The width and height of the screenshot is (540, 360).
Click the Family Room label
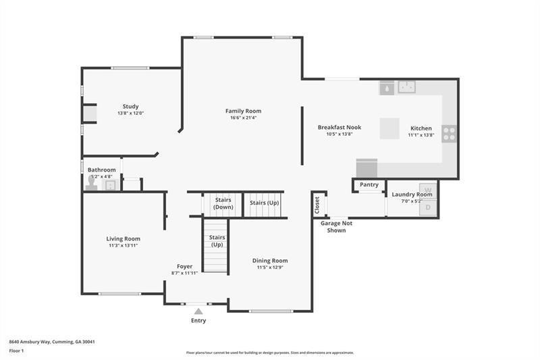243,111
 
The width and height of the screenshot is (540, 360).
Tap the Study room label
130,106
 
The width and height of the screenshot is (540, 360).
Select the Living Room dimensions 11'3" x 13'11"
123,246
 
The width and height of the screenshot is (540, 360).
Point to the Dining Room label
270,261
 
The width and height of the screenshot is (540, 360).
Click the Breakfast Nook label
340,127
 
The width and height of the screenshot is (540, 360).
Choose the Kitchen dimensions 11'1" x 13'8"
421,135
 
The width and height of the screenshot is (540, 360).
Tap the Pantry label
369,184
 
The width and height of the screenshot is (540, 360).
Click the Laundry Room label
412,195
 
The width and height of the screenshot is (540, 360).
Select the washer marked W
428,191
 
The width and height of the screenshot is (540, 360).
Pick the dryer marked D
428,208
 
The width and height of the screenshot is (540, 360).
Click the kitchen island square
389,128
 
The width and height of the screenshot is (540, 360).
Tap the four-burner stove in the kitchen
449,133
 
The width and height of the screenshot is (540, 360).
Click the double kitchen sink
406,86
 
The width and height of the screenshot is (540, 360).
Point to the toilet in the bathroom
91,183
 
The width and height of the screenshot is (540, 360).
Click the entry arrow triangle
198,311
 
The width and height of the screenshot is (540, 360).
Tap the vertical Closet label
317,205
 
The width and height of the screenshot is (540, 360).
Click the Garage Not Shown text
336,226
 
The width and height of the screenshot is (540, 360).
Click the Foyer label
185,266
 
